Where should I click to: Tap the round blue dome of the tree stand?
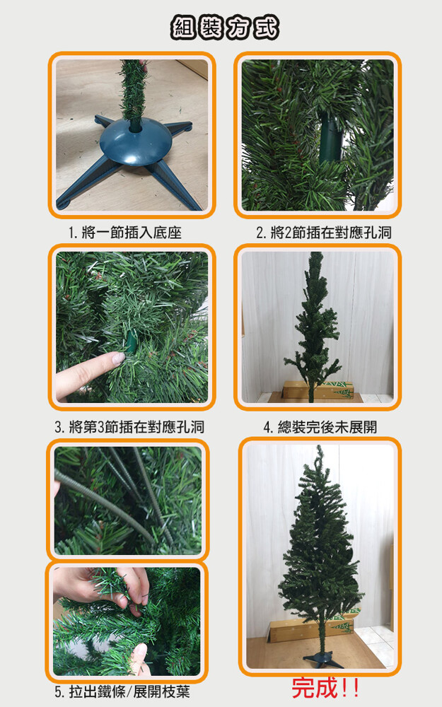[x=136, y=141]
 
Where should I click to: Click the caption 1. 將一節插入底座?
[x=125, y=233]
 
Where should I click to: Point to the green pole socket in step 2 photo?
[x=330, y=138]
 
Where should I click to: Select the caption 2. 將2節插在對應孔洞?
[x=324, y=233]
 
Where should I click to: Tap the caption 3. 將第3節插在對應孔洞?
[x=129, y=426]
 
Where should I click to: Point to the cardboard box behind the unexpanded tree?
[x=318, y=390]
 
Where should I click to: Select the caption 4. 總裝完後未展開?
[x=320, y=426]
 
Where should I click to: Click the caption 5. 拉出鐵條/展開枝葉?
[x=122, y=691]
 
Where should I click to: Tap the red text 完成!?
[x=325, y=688]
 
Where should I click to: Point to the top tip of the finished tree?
[x=320, y=447]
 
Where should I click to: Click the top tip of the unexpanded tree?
[x=316, y=253]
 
